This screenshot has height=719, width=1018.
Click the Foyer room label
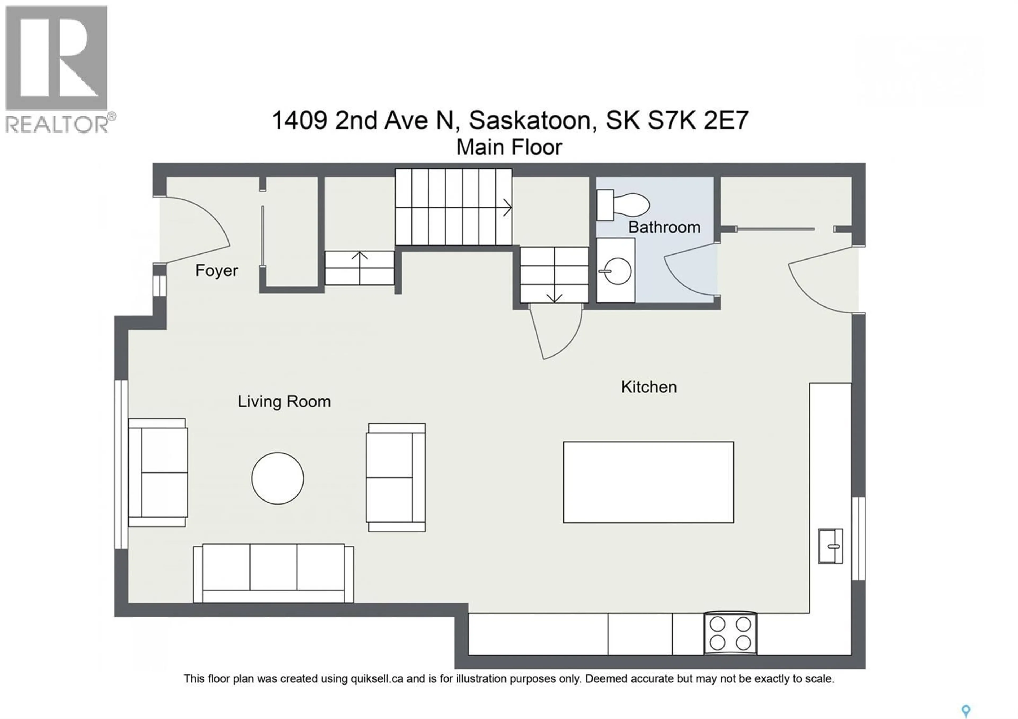(x=216, y=270)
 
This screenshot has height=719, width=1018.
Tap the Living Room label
(x=284, y=402)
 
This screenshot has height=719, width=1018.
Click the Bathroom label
(x=664, y=227)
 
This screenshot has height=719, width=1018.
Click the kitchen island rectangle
(x=648, y=482)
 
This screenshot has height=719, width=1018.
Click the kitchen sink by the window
(x=830, y=546)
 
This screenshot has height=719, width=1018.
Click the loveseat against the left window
(x=158, y=472)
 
